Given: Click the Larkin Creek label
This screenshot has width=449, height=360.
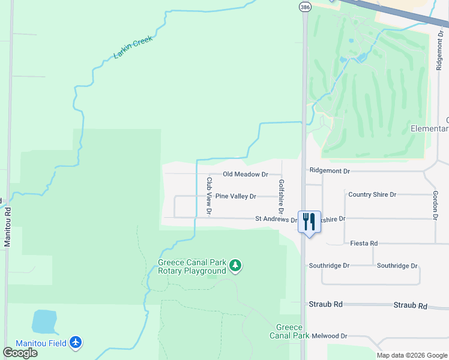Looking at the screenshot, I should tap(133, 47).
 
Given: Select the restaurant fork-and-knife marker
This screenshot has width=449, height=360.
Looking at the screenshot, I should tap(309, 221).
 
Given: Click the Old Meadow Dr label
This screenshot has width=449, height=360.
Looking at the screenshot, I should tap(245, 174).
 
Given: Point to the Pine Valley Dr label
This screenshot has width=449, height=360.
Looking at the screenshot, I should tap(236, 196).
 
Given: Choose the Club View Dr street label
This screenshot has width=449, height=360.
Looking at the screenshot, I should tap(209, 196).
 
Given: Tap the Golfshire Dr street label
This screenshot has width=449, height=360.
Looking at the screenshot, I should tap(280, 196).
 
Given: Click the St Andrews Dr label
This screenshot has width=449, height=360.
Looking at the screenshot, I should tap(276, 220).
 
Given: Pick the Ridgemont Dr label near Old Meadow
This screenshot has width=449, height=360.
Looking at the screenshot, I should tap(330, 171).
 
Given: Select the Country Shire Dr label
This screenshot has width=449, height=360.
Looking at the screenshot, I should tap(372, 194).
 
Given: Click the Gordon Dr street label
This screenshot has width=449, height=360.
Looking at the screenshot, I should tap(435, 204).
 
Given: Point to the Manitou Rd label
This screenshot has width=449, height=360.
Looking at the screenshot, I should tap(8, 227).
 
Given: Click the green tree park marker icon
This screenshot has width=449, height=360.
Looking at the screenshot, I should tap(236, 266).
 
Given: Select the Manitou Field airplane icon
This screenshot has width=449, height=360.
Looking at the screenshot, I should tap(75, 343).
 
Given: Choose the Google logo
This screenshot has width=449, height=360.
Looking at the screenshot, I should tap(20, 353).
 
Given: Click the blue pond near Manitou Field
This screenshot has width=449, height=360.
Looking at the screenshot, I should tap(44, 322).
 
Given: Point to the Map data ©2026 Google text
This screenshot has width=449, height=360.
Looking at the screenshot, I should tap(411, 355).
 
